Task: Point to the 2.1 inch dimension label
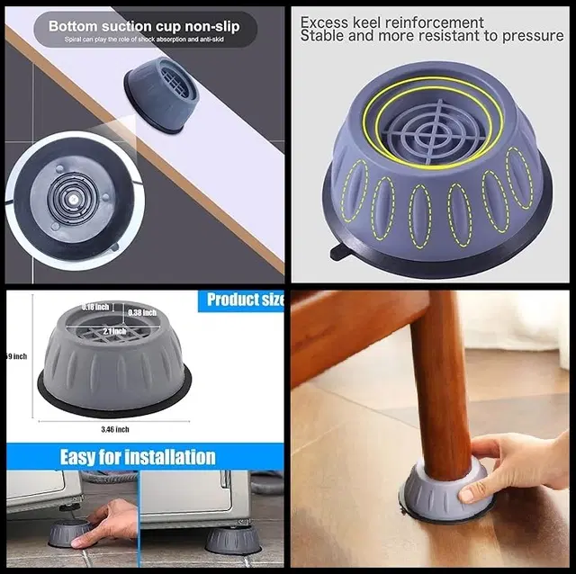[x=114, y=331]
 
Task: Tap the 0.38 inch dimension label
[x=141, y=312]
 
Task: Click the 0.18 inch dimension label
[x=95, y=307]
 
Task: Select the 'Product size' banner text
[x=245, y=300]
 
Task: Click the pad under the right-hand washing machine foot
[x=232, y=540]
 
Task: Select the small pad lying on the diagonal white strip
[x=165, y=94]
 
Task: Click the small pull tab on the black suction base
[x=340, y=253]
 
